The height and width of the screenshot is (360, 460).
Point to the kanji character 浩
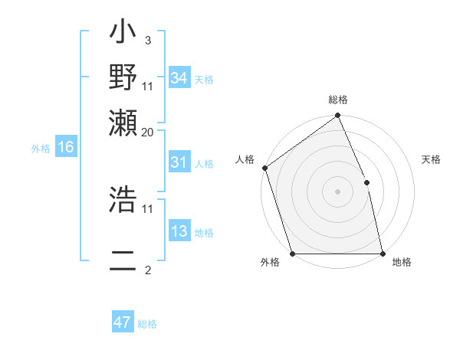[x=123, y=200]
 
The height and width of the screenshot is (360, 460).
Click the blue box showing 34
[x=179, y=78]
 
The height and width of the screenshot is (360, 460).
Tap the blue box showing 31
[x=179, y=163]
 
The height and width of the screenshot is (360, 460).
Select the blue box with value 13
[x=179, y=232]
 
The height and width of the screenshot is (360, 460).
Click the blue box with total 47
[x=123, y=323]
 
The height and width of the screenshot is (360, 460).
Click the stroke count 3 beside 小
[x=147, y=41]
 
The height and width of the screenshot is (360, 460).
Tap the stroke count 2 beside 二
[x=147, y=270]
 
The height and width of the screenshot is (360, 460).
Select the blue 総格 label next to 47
[x=147, y=324]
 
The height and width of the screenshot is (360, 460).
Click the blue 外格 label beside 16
[x=40, y=149]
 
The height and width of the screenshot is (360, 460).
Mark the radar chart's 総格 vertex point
[x=337, y=116]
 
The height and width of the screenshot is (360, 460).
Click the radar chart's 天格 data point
[x=366, y=182]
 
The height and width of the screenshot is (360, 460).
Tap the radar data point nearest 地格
[x=383, y=254]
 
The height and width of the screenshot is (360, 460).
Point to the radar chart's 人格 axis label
[x=245, y=159]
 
